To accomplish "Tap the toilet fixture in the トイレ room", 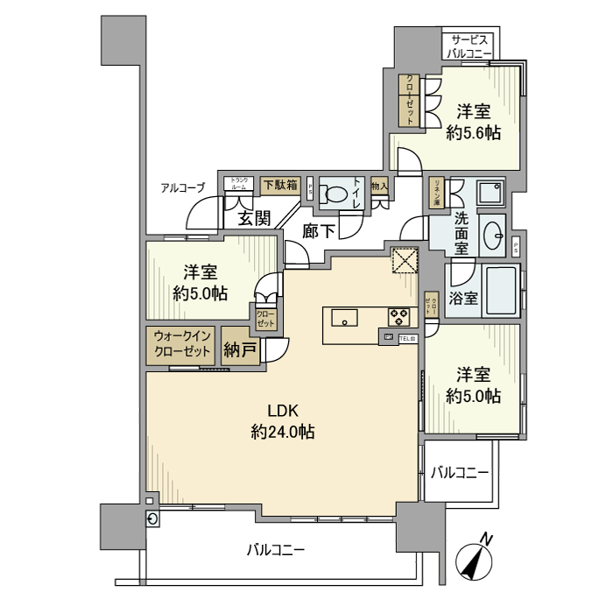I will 333,194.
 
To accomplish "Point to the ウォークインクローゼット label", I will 182,343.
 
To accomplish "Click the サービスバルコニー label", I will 469,46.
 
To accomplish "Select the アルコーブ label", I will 182,187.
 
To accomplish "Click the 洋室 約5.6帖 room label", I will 473,122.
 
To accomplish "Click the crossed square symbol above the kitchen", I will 405,262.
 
